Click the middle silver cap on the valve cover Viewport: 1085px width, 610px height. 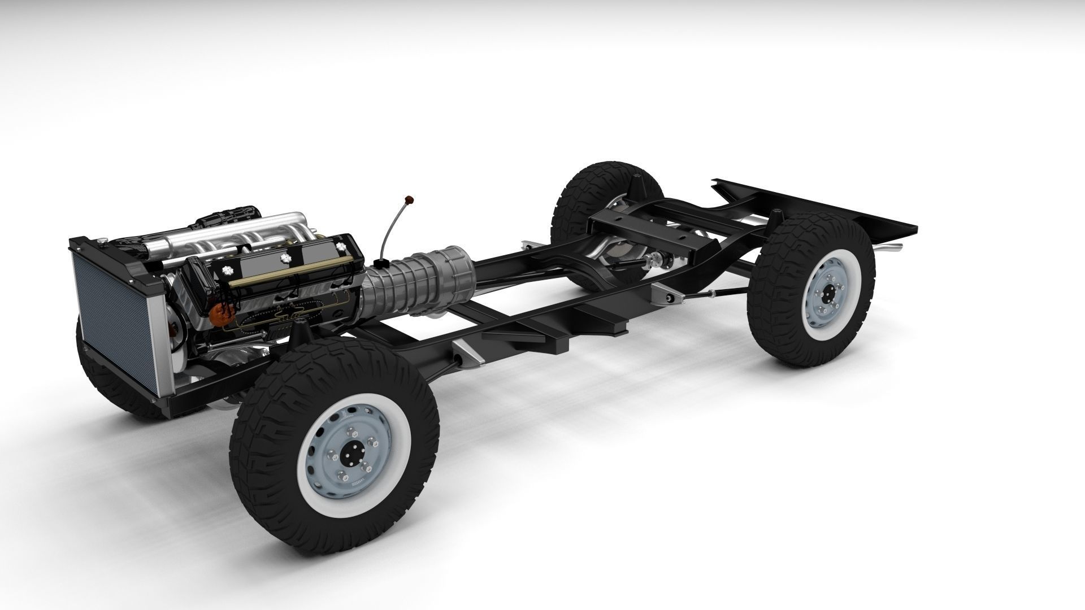284,258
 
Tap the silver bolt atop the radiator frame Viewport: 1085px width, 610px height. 101,243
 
